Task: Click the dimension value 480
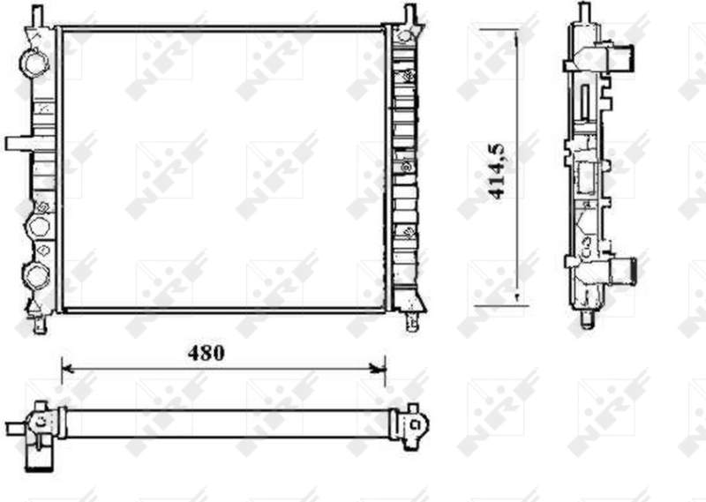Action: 206,353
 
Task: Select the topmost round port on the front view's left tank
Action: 36,63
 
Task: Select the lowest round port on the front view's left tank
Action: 37,275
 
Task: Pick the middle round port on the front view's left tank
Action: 39,227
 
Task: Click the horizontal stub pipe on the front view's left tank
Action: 19,144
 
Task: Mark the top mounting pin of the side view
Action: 584,13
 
